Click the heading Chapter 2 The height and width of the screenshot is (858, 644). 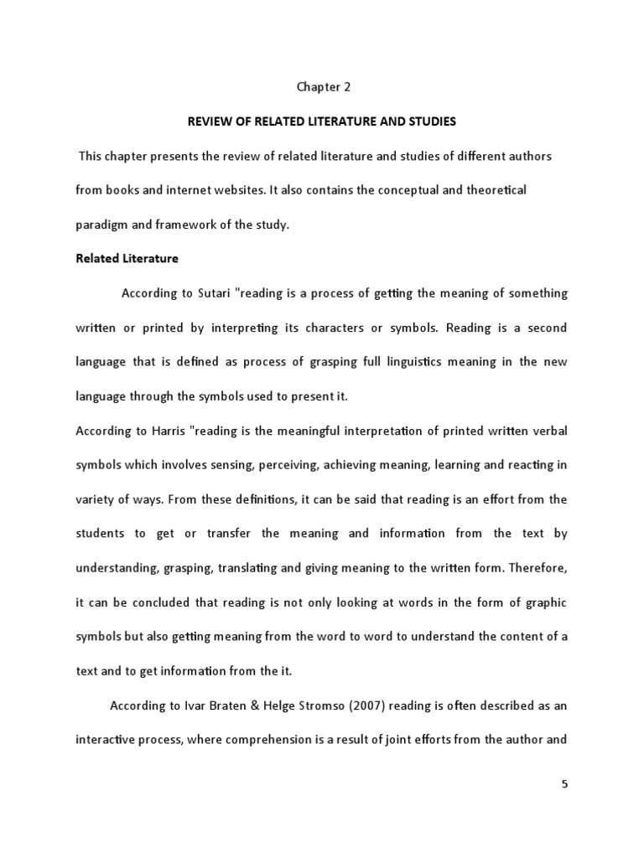click(321, 85)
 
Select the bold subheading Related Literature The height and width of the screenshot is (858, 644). click(127, 258)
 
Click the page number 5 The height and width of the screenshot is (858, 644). click(564, 784)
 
